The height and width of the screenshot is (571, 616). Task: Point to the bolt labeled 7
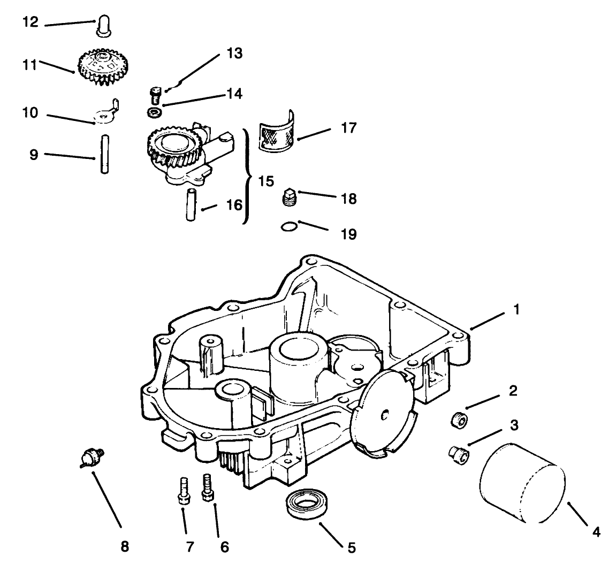pyautogui.click(x=182, y=490)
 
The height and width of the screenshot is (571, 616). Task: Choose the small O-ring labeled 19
pyautogui.click(x=288, y=227)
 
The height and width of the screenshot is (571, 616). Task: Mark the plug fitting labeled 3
pyautogui.click(x=457, y=455)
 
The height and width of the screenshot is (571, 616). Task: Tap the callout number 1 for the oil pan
pyautogui.click(x=516, y=309)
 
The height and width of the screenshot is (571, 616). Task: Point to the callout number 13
pyautogui.click(x=234, y=54)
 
